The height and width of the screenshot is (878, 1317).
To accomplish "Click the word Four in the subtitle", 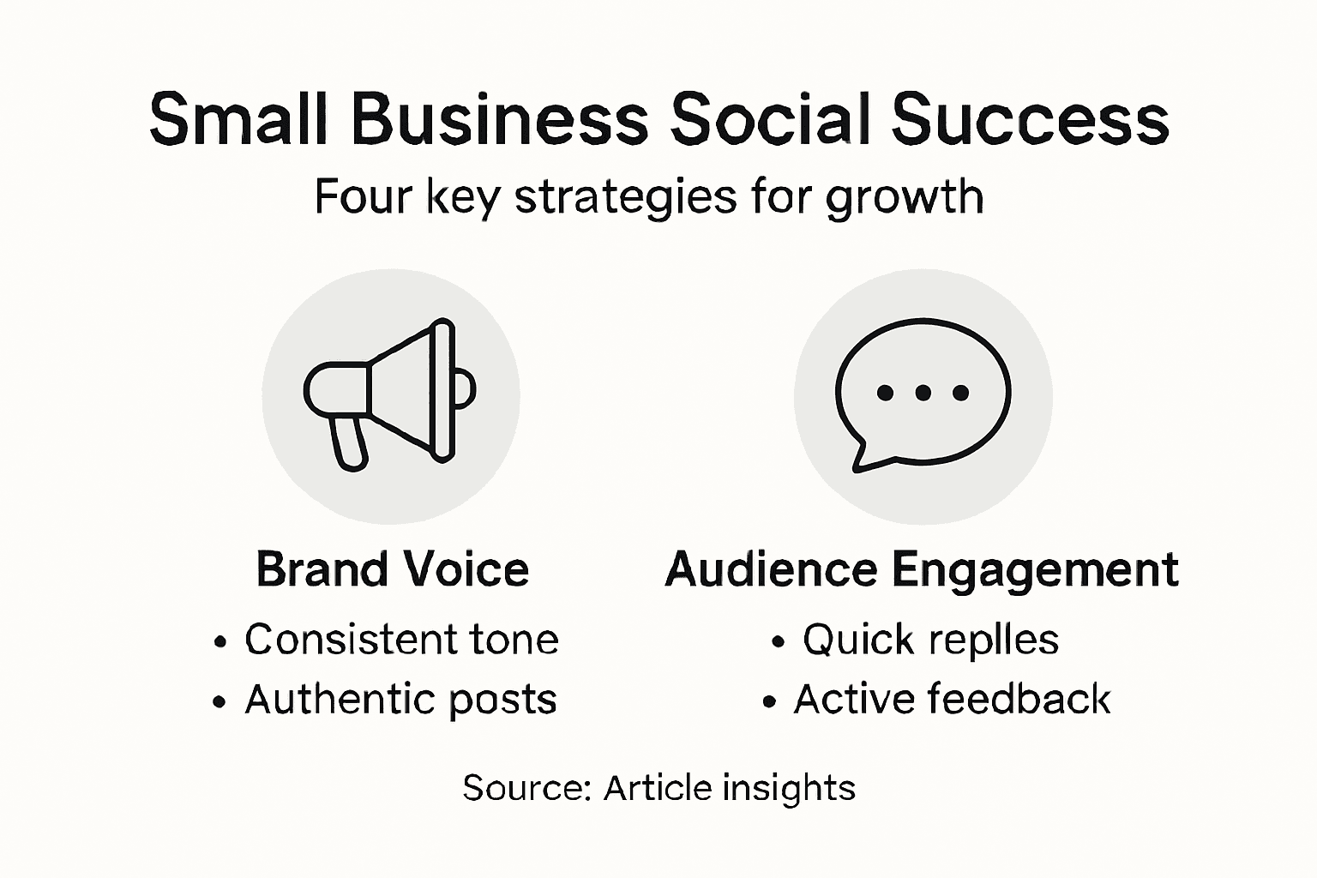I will tap(362, 196).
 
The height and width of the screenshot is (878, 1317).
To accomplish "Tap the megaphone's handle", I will tap(349, 442).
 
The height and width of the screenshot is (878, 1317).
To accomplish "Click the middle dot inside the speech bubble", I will tap(923, 393).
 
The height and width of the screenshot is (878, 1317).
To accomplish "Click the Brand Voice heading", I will tap(393, 569).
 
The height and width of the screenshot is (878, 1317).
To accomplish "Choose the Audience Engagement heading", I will tap(922, 569).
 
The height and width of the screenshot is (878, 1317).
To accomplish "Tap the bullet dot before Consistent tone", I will tap(221, 641).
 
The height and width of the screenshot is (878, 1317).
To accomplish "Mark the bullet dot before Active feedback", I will tap(769, 702).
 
